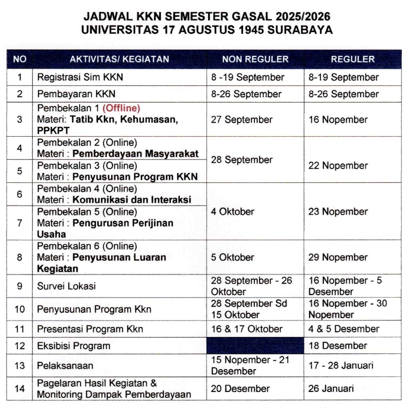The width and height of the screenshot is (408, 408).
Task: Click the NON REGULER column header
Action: tap(255, 59)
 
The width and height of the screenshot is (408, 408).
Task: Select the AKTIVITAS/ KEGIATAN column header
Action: tap(119, 59)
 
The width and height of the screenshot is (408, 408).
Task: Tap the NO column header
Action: tap(20, 59)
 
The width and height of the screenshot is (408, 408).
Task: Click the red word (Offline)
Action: tap(121, 108)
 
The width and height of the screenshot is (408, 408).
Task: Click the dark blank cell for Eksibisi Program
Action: tap(255, 346)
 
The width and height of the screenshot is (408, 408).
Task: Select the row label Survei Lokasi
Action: tap(66, 286)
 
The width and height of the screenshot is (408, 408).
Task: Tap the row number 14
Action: tap(20, 389)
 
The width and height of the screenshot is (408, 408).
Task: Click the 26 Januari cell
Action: tap(331, 389)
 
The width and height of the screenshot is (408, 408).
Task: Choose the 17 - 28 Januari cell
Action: tap(341, 365)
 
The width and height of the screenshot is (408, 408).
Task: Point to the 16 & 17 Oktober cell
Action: tap(247, 329)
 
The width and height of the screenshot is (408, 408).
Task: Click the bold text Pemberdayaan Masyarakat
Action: tap(135, 154)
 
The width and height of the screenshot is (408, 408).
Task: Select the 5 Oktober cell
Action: tap(232, 257)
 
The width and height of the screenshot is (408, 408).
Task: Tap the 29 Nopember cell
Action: tap(338, 257)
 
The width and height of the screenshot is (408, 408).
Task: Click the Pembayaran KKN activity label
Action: tap(76, 94)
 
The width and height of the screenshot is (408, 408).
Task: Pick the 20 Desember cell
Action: tap(240, 389)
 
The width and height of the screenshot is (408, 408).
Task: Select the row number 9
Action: tap(20, 286)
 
